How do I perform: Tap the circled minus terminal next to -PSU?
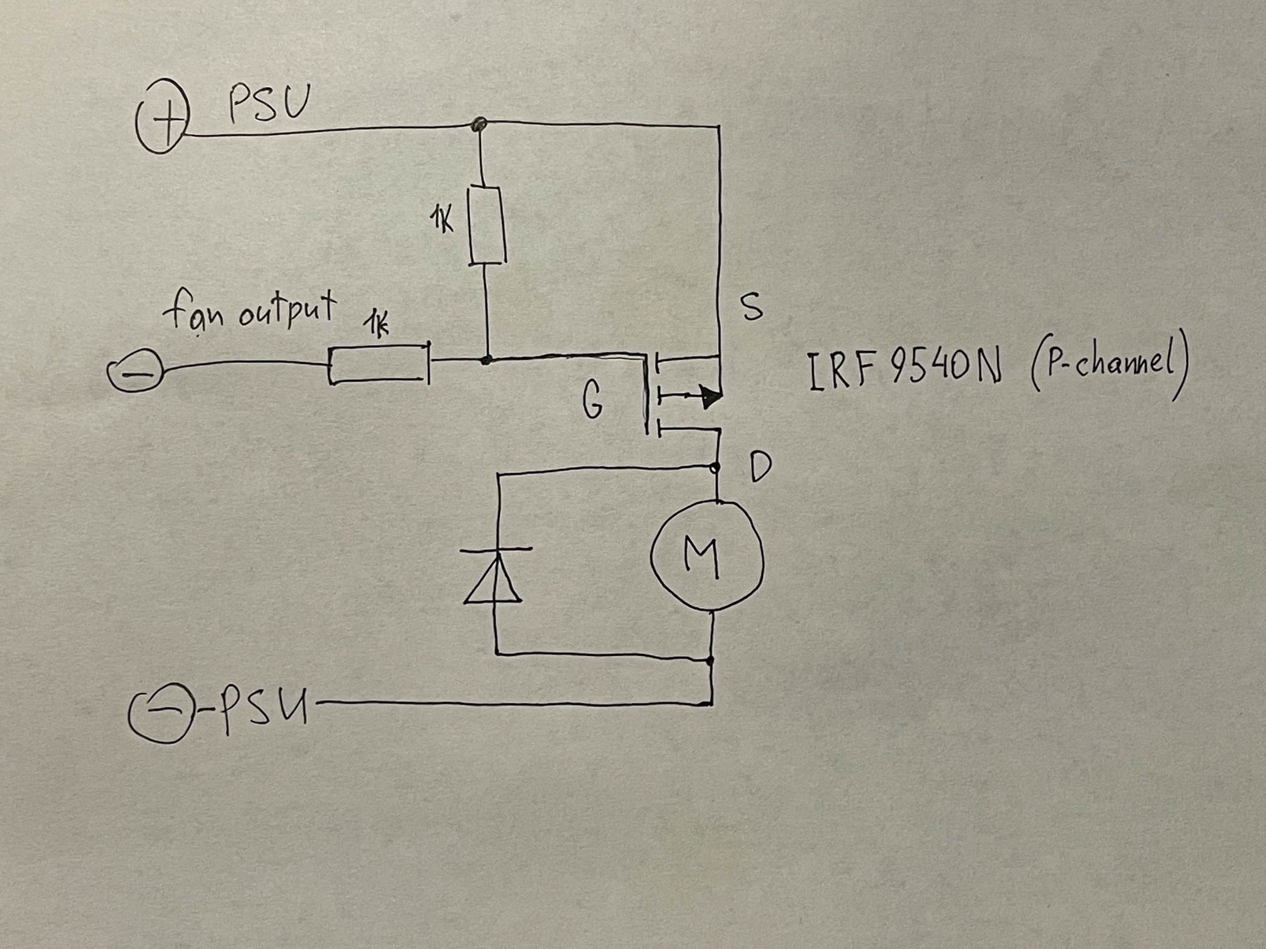click(158, 716)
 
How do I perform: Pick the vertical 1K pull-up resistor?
click(487, 225)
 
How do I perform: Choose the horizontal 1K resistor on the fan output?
click(379, 363)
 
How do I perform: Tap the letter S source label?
click(752, 307)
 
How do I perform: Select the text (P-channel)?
click(1109, 372)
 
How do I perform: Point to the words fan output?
click(250, 309)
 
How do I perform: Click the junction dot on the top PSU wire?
click(479, 123)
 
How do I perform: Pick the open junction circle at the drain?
click(715, 467)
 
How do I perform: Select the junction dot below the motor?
click(710, 661)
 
